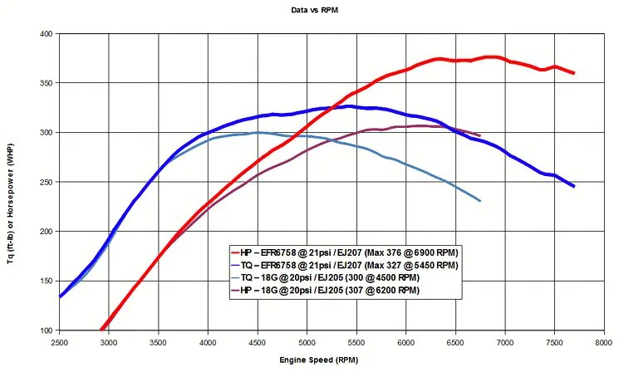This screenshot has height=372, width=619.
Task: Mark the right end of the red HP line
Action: coord(573,73)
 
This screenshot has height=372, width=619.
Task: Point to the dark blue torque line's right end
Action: coord(573,186)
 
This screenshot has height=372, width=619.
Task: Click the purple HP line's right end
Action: coord(479,135)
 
